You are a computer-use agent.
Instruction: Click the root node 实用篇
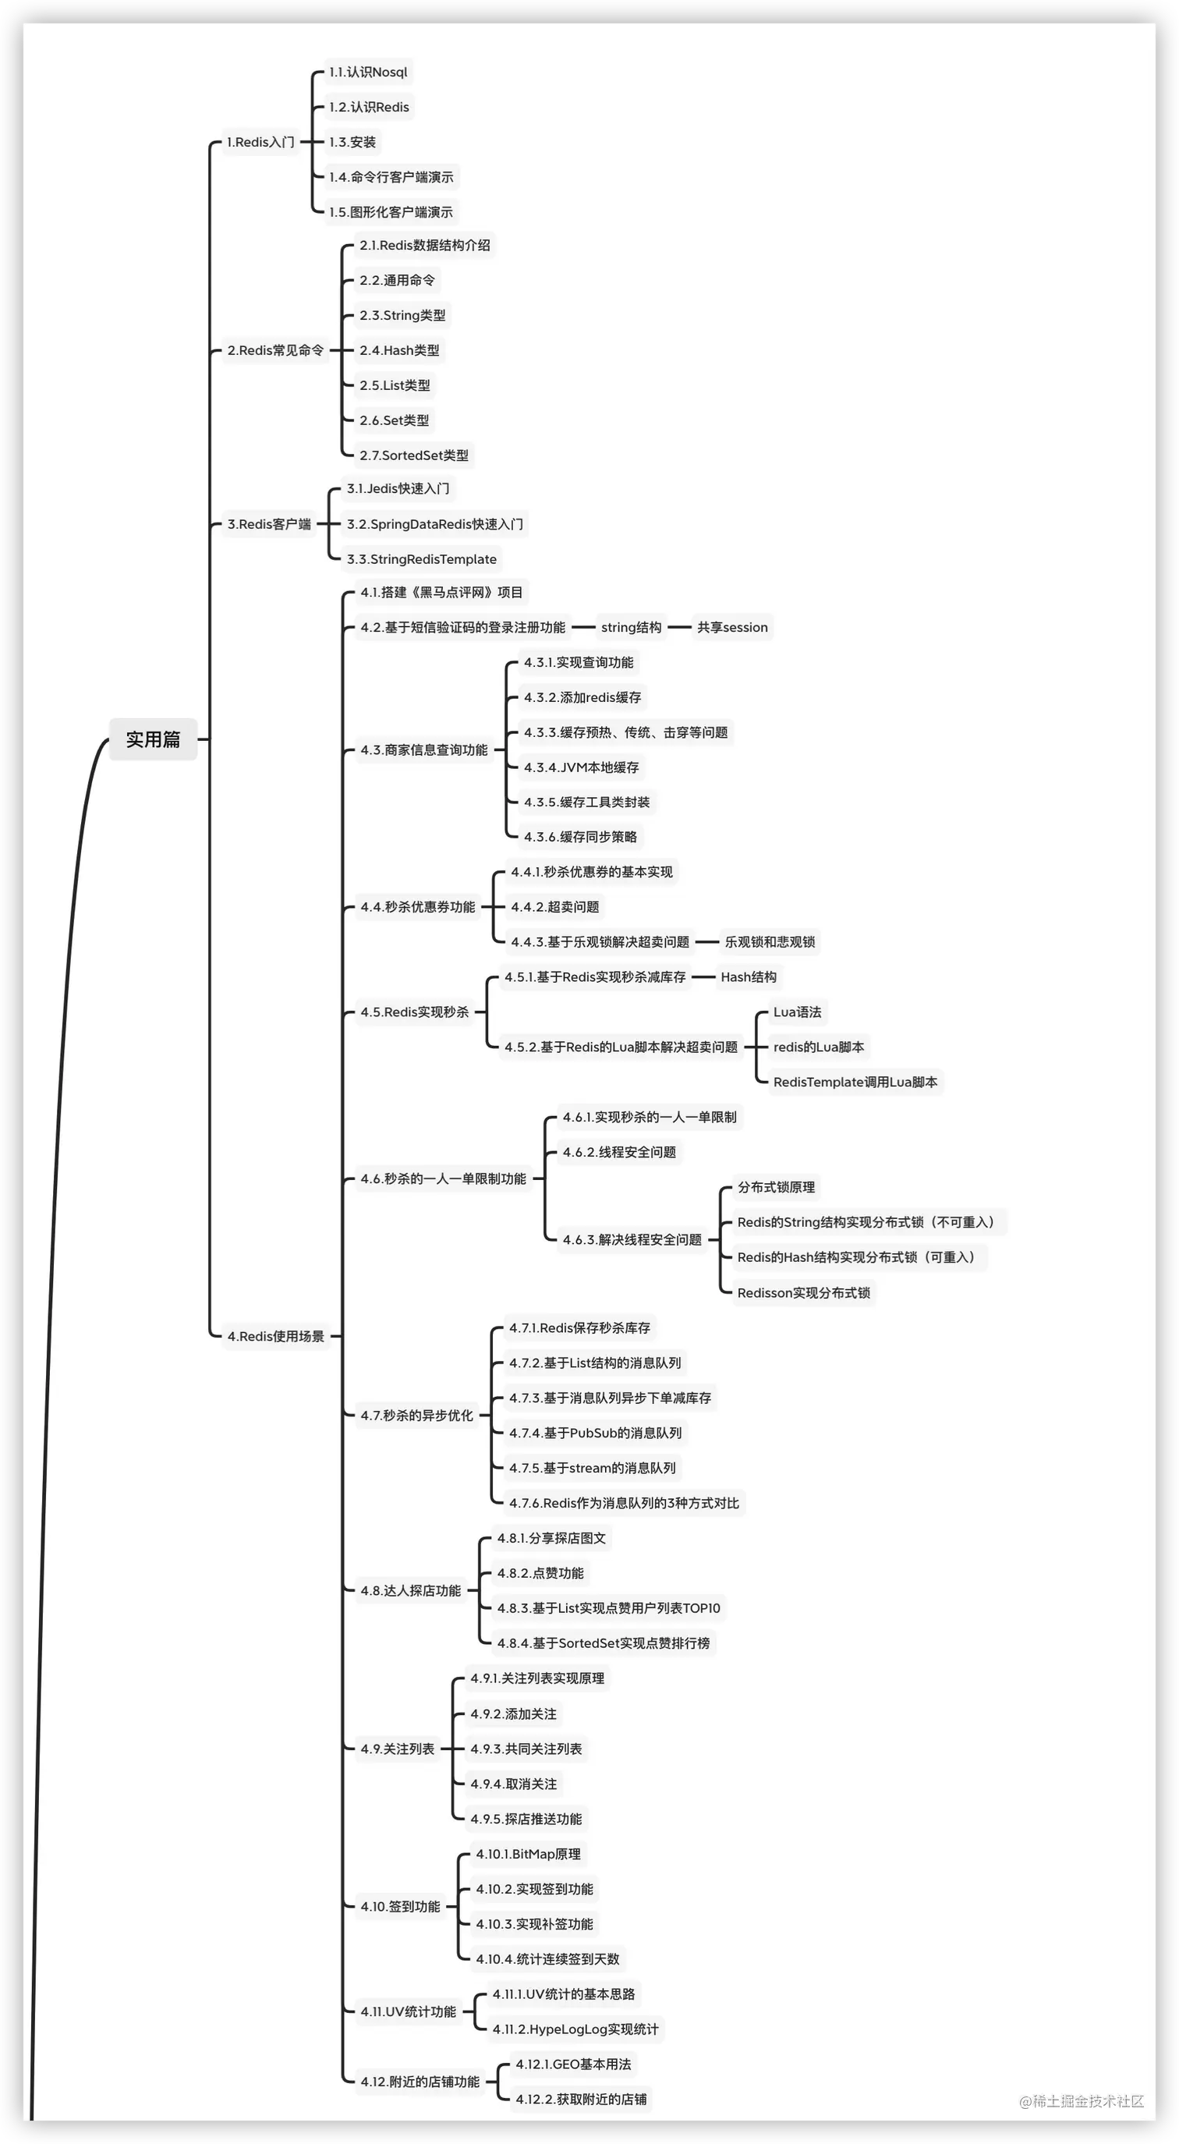tap(153, 739)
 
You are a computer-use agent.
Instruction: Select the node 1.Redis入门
tap(260, 142)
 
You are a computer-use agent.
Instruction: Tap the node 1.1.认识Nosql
tap(368, 73)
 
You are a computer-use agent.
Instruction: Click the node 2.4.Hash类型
tap(399, 350)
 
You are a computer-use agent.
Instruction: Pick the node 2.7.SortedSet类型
tap(413, 455)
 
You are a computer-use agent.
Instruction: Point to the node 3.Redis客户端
tap(269, 524)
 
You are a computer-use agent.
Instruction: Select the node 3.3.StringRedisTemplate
tap(421, 559)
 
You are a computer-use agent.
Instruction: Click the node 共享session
tap(732, 628)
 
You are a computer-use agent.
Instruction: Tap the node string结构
tap(631, 628)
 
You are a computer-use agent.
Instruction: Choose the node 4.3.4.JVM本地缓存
tap(581, 767)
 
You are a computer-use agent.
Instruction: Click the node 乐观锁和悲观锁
tap(770, 942)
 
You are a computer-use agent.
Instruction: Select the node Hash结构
tap(748, 977)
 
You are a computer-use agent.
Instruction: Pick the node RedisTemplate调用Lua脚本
tap(855, 1082)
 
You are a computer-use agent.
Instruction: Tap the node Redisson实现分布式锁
tap(803, 1292)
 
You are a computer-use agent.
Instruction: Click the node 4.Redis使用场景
tap(275, 1337)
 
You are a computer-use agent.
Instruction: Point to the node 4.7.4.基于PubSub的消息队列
tap(595, 1433)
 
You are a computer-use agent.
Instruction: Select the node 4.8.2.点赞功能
tap(540, 1573)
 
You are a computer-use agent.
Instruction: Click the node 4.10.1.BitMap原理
tap(529, 1854)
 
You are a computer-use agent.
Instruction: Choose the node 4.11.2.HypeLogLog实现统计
tap(575, 2029)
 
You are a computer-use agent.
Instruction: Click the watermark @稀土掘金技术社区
tap(1081, 2101)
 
